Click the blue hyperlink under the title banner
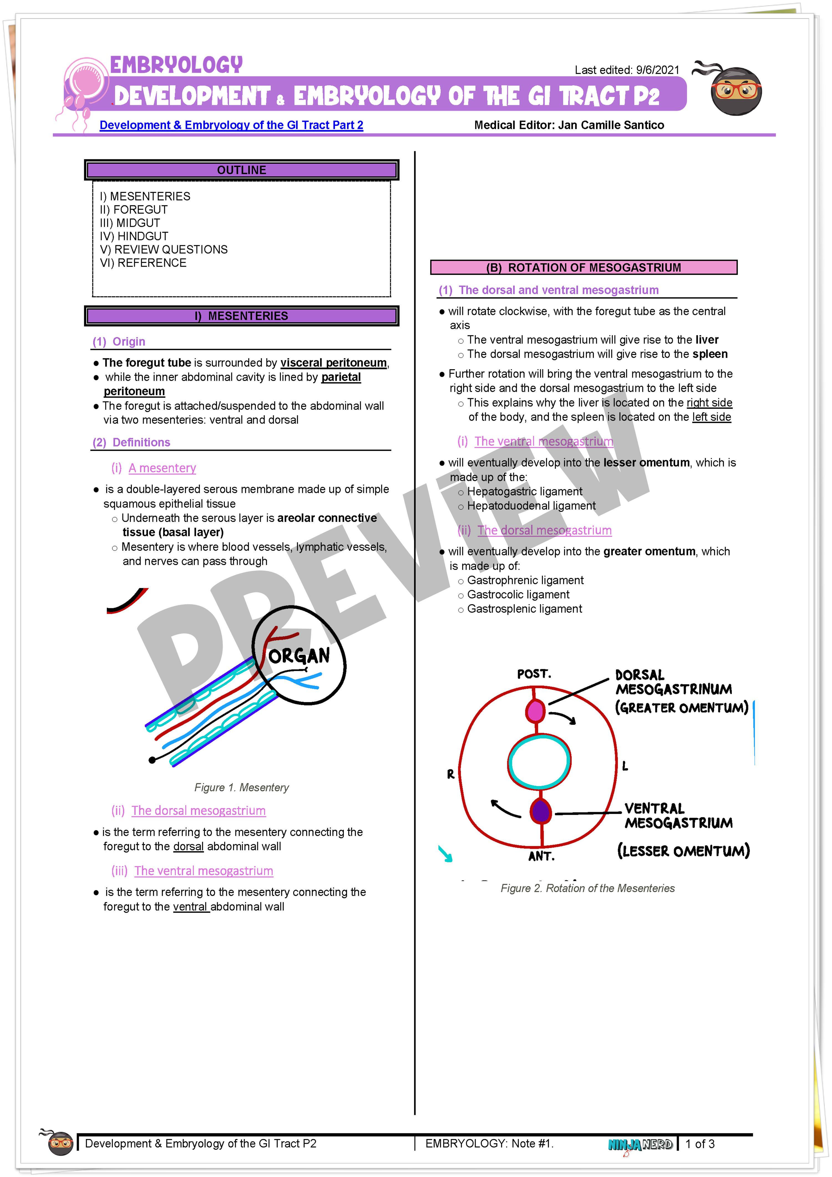[231, 125]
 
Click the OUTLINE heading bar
[241, 170]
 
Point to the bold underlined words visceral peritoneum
[334, 363]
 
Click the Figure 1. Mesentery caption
[241, 787]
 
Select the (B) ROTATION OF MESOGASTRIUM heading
[584, 267]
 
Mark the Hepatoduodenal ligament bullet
[531, 506]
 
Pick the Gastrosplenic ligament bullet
[524, 609]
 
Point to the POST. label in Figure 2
[534, 674]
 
